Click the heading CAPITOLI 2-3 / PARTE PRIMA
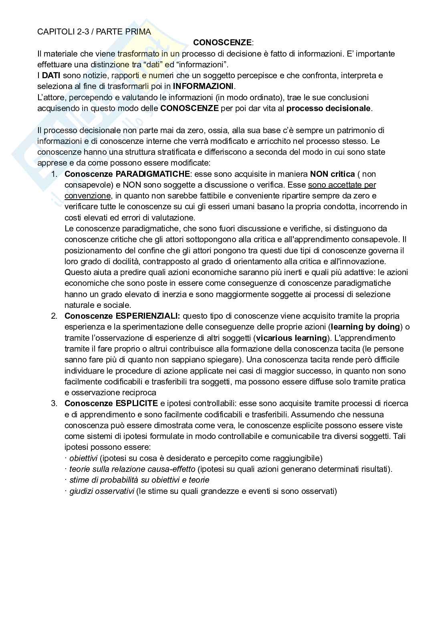(x=94, y=32)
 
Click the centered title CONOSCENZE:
(x=223, y=42)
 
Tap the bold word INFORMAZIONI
(x=203, y=86)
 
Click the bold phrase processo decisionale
(x=329, y=108)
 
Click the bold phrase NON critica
(x=332, y=174)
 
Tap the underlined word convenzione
(x=87, y=196)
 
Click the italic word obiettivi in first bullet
(x=83, y=458)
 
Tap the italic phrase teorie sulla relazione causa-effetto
(x=132, y=469)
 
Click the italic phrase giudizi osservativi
(x=101, y=491)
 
